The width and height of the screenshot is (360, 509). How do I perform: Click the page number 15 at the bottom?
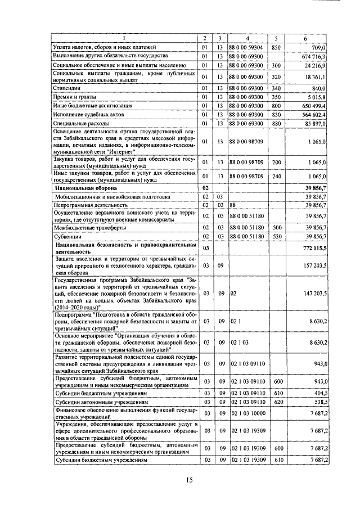tap(189, 480)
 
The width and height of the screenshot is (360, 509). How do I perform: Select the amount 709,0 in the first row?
tap(319, 47)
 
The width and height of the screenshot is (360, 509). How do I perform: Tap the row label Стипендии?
tap(67, 88)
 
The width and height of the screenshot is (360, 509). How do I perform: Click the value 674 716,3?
tap(315, 56)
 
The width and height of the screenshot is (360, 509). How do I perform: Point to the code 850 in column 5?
tap(276, 47)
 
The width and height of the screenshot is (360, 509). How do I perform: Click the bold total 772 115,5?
tap(314, 247)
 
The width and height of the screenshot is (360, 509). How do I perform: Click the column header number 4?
tap(247, 38)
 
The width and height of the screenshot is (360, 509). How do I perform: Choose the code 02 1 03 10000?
tap(249, 413)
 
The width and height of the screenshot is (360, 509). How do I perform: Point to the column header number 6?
tap(304, 38)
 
